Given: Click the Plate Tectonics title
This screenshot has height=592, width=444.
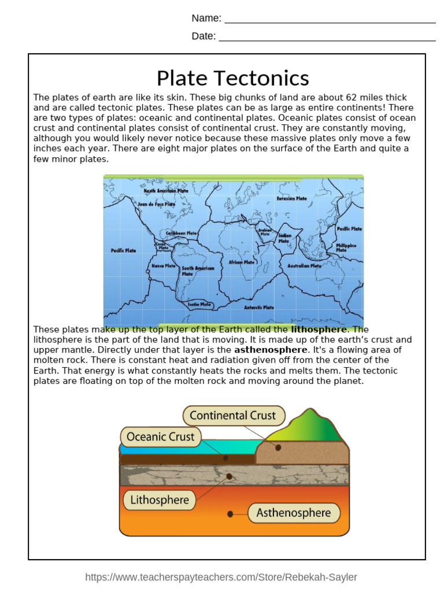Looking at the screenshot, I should (x=232, y=78).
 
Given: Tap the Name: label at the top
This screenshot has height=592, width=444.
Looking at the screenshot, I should (x=206, y=18).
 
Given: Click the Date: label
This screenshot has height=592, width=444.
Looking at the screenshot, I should (x=203, y=36).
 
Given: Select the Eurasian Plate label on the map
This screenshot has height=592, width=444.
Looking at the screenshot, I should (x=291, y=198).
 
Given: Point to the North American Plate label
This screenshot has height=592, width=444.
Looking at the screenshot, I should (x=166, y=191).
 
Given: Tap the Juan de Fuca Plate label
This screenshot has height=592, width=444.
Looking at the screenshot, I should (x=157, y=204).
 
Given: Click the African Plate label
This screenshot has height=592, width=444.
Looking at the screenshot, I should (x=242, y=262).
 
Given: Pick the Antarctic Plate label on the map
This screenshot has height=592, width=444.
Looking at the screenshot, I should (x=259, y=308).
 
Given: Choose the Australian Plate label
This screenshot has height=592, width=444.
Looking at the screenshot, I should (x=304, y=266).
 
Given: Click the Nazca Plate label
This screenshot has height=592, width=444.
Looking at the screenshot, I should (x=164, y=266).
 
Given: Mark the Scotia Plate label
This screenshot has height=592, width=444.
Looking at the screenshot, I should (x=199, y=304).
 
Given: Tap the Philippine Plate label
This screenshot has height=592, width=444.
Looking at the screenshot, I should (x=346, y=248).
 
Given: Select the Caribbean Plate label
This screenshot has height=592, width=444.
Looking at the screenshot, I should (x=182, y=233).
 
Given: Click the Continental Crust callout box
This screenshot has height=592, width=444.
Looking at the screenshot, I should (x=234, y=416).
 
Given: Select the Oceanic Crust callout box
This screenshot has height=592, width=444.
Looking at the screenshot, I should (x=161, y=437).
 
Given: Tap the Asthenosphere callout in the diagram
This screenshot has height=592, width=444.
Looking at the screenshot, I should (x=294, y=513).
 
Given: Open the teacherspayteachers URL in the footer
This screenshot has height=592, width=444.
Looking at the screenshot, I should (x=221, y=577).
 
